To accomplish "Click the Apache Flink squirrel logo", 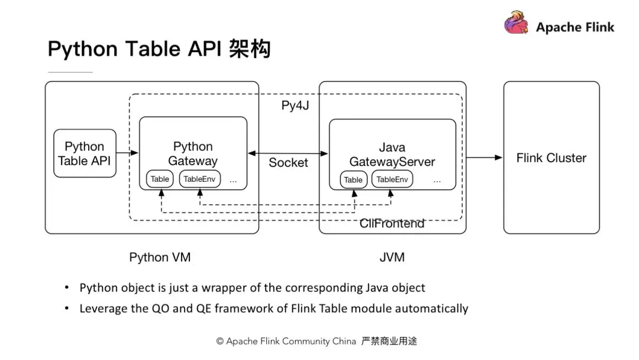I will pyautogui.click(x=517, y=23).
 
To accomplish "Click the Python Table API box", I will pyautogui.click(x=85, y=153).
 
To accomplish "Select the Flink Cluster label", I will pyautogui.click(x=551, y=158).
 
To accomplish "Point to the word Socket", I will pyautogui.click(x=288, y=163).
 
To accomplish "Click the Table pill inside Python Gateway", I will pyautogui.click(x=160, y=179).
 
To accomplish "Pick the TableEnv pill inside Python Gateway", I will pyautogui.click(x=200, y=179).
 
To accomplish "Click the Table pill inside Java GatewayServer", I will pyautogui.click(x=353, y=179).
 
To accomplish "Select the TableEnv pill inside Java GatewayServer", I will pyautogui.click(x=392, y=179).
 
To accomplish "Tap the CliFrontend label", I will pyautogui.click(x=392, y=223).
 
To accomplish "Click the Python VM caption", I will pyautogui.click(x=160, y=257).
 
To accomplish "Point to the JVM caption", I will pyautogui.click(x=392, y=257).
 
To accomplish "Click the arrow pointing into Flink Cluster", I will pyautogui.click(x=484, y=157).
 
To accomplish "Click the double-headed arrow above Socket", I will pyautogui.click(x=288, y=153).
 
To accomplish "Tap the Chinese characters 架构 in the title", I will pyautogui.click(x=248, y=49).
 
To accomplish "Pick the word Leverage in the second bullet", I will pyautogui.click(x=104, y=308).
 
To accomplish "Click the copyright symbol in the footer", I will pyautogui.click(x=220, y=342).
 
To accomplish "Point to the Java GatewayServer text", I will pyautogui.click(x=392, y=154).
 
